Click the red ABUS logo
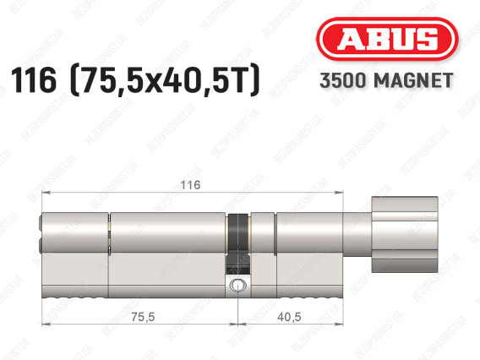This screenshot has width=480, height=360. click(x=387, y=39)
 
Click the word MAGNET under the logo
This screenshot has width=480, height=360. click(x=413, y=80)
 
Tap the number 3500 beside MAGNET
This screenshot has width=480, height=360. click(x=343, y=80)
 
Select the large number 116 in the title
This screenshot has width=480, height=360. click(x=34, y=80)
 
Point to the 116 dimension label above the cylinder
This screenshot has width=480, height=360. click(x=190, y=185)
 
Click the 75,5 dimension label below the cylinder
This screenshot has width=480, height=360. click(x=143, y=317)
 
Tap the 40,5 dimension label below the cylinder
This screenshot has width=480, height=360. click(x=289, y=317)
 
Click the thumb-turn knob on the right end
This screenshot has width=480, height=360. click(x=405, y=234)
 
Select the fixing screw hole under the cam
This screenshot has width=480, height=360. click(x=237, y=285)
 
